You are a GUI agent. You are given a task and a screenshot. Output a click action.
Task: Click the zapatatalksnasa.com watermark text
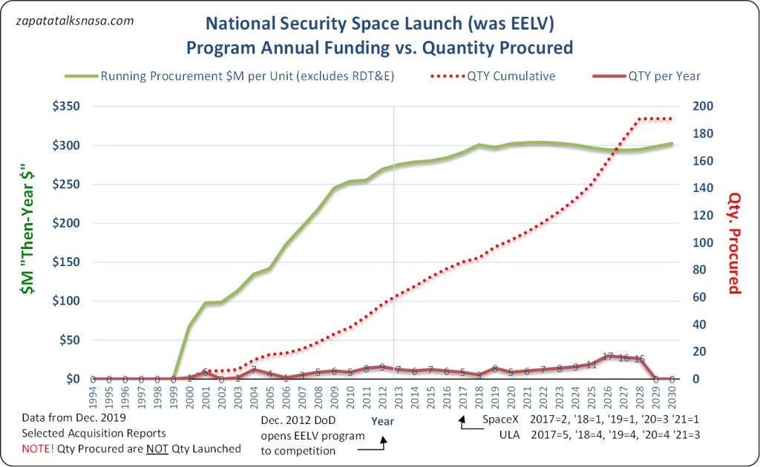74,21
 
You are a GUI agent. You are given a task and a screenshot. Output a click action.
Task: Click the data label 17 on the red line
608,357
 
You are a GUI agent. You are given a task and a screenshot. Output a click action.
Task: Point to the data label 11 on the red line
592,365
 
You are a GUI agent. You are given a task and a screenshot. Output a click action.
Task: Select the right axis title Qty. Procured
734,242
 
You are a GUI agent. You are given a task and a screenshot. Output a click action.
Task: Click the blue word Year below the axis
382,421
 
